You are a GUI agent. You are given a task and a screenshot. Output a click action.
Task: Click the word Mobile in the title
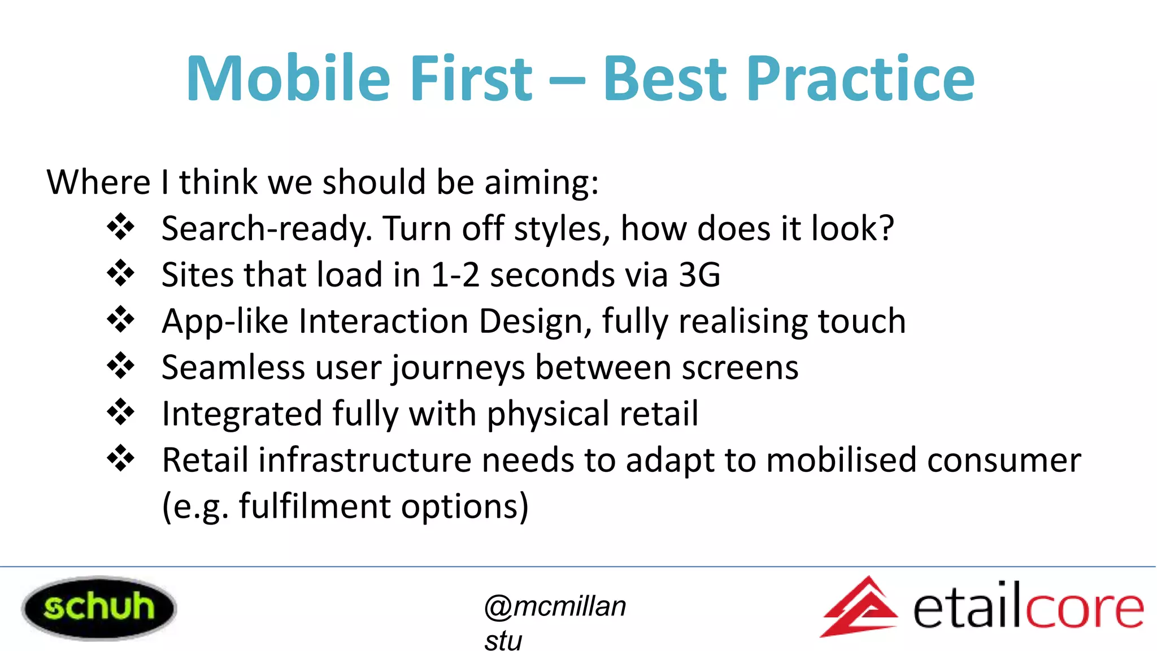click(x=288, y=79)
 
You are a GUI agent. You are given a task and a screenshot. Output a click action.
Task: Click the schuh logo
click(x=99, y=607)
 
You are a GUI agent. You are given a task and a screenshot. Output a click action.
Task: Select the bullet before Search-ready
click(x=120, y=228)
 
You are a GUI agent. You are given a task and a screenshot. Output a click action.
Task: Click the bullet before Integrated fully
click(x=120, y=413)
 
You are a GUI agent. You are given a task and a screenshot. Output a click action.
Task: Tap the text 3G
click(x=699, y=275)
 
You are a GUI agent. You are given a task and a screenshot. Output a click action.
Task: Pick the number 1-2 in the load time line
click(x=455, y=275)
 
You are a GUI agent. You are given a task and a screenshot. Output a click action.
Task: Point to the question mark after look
click(x=885, y=228)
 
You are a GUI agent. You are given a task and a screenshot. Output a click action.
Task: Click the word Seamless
click(x=233, y=368)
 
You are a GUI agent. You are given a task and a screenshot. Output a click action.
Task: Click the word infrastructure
click(x=365, y=460)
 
